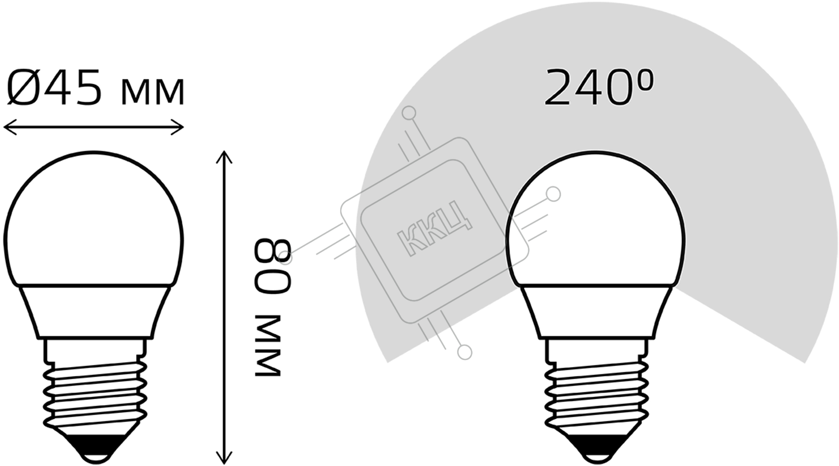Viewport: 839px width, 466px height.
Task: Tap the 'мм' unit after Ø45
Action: pyautogui.click(x=153, y=93)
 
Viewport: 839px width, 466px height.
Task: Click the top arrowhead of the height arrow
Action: pyautogui.click(x=224, y=157)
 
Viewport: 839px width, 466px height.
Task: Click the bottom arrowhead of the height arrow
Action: pyautogui.click(x=224, y=458)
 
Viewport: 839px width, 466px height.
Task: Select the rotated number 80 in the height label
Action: pyautogui.click(x=272, y=267)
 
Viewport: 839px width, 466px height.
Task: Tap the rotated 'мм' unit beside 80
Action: pyautogui.click(x=268, y=346)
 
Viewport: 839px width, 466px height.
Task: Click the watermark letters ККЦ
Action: pyautogui.click(x=435, y=228)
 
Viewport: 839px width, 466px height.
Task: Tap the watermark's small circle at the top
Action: pyautogui.click(x=409, y=113)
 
